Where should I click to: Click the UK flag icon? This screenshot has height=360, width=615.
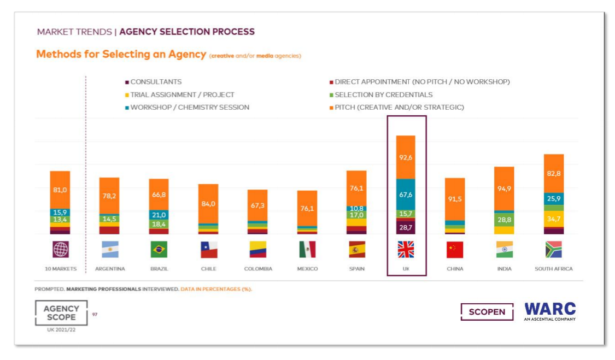click(x=406, y=250)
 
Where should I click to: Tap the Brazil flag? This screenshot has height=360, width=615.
click(x=159, y=250)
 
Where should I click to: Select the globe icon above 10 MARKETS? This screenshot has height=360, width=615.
click(x=61, y=250)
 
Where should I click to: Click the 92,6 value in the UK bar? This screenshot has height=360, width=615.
click(x=406, y=158)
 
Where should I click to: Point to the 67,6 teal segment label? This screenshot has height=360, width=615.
click(x=406, y=195)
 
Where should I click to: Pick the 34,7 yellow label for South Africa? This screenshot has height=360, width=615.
click(x=553, y=220)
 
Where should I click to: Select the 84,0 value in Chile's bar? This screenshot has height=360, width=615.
click(x=208, y=204)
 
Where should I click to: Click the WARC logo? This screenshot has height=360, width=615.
click(x=550, y=311)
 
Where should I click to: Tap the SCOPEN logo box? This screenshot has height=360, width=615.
click(x=487, y=312)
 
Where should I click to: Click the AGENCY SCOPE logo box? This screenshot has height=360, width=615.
click(x=61, y=313)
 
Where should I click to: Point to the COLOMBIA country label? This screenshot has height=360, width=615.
click(x=258, y=269)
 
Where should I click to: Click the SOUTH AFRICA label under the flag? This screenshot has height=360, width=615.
click(x=553, y=269)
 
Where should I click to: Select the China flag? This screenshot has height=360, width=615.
click(x=455, y=250)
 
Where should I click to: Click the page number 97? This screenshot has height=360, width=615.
click(x=95, y=314)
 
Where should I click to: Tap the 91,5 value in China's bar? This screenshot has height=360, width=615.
click(x=455, y=199)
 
